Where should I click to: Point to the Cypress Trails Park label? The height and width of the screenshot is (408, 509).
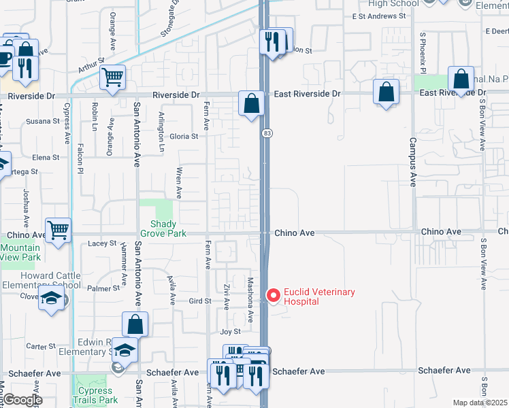click(95, 395)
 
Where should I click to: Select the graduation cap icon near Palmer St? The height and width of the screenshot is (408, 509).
click(51, 298)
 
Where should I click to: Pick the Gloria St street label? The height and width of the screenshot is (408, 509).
click(184, 136)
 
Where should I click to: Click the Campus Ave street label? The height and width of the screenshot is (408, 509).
click(412, 163)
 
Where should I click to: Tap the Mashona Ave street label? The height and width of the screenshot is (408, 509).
click(250, 299)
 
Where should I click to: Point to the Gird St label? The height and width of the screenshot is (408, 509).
click(200, 301)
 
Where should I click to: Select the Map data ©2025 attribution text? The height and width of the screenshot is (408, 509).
click(480, 403)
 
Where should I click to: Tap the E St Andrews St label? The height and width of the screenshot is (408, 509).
click(373, 16)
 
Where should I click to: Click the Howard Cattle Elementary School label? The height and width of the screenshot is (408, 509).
click(41, 279)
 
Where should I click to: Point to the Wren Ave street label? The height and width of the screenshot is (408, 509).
click(179, 182)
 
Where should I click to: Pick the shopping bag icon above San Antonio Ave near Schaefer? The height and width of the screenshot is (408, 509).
click(135, 324)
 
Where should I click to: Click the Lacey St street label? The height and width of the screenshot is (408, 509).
click(103, 243)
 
